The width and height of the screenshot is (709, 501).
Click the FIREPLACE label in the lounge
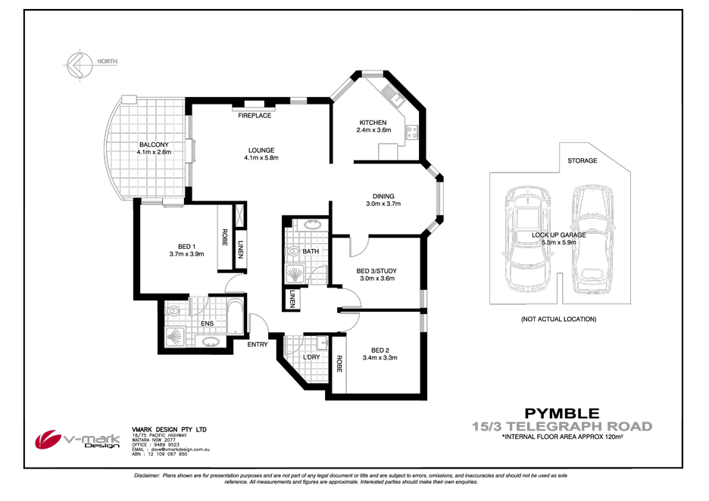255,116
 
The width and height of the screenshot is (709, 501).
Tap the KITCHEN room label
373,123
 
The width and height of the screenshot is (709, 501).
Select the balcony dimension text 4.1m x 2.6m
154,152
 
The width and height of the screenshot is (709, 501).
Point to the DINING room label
383,196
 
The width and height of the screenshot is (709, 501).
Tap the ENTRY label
258,345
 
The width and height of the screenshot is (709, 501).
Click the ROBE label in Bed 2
339,365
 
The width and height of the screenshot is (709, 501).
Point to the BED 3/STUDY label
376,271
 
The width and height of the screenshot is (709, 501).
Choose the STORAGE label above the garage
583,160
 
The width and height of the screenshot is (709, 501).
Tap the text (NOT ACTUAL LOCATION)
558,319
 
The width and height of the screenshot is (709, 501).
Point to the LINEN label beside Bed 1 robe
240,249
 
